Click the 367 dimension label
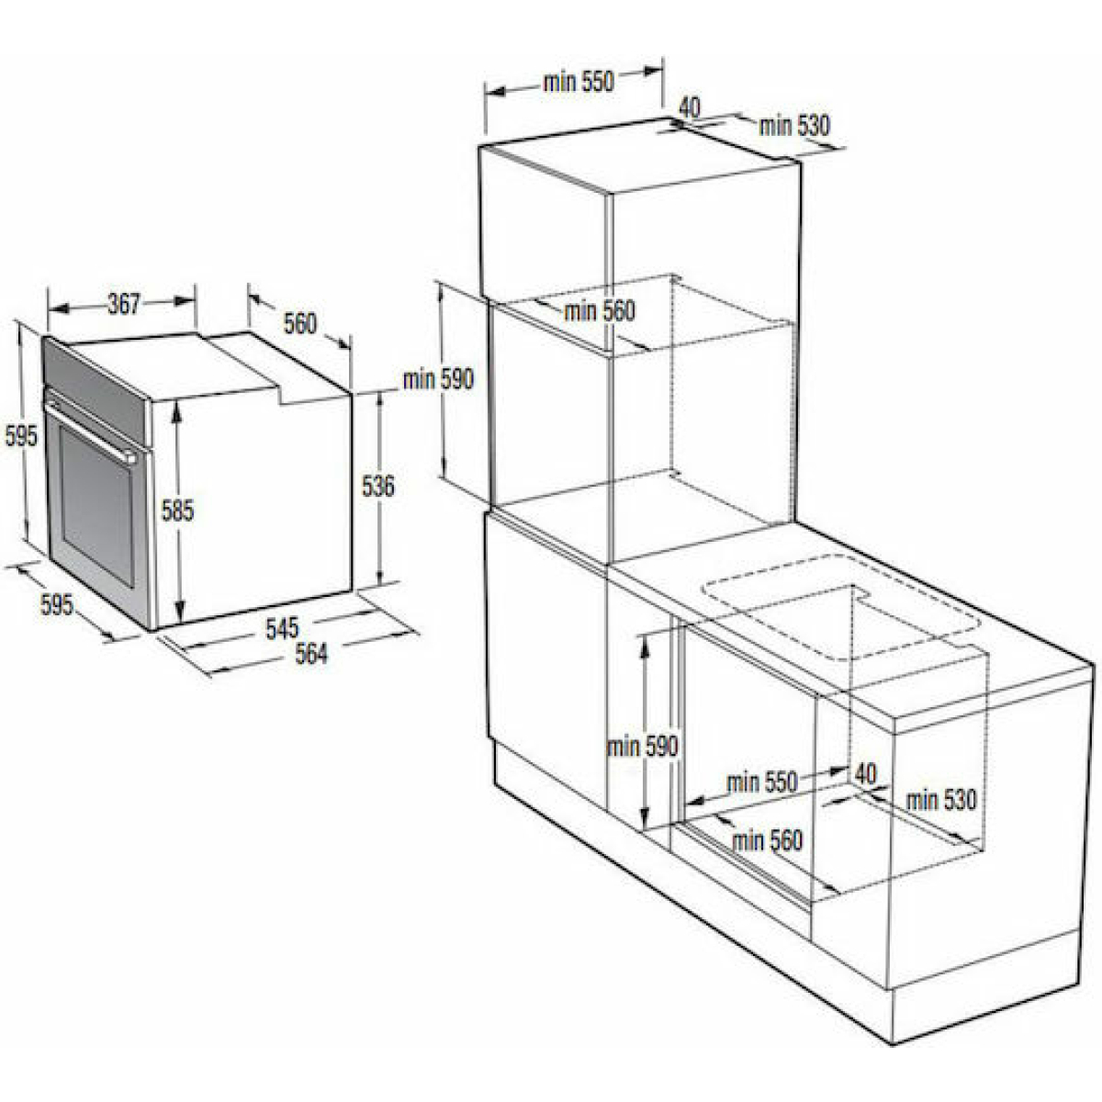coord(124,304)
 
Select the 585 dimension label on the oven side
coord(177,510)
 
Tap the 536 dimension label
coord(378,486)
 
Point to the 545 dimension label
coord(282,628)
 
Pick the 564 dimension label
coord(311,654)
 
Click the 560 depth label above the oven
coord(299,323)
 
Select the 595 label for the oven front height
coord(21,436)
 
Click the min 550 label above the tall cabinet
coord(579,82)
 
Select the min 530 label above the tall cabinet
coord(793,125)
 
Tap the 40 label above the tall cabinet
coord(691,107)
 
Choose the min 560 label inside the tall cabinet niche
coord(600,311)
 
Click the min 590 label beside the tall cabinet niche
coord(438,378)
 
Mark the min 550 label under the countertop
coord(761,782)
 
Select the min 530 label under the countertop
coord(941,800)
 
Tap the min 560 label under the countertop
coord(768,840)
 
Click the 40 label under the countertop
coord(866,774)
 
